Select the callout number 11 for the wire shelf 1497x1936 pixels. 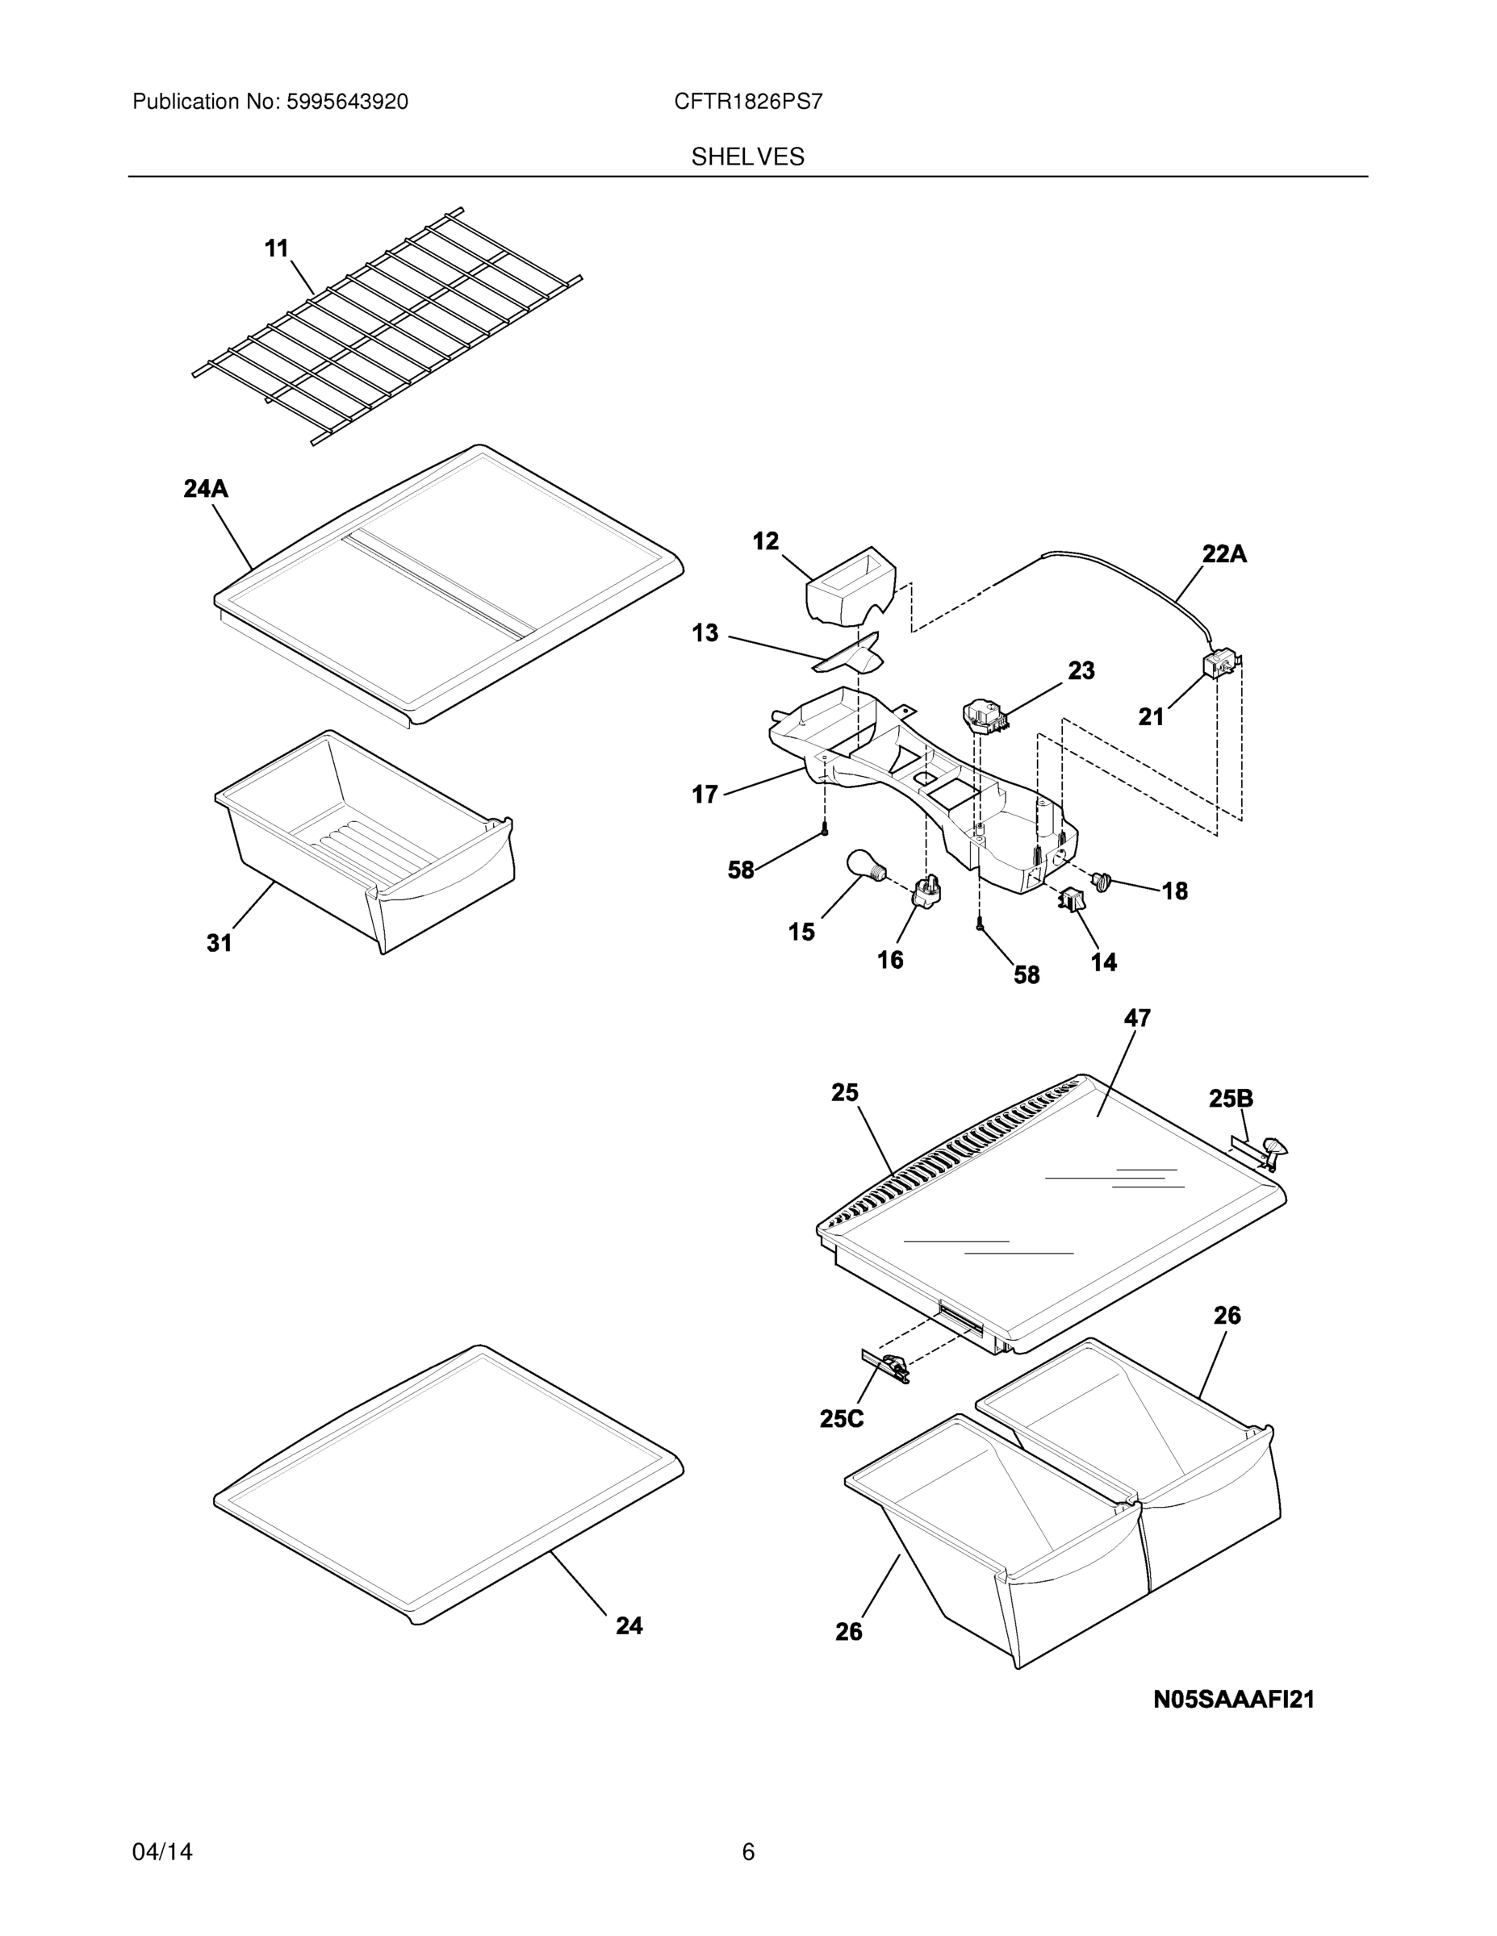[277, 249]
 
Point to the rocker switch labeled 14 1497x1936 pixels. [1069, 900]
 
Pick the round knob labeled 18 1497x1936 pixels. [1103, 881]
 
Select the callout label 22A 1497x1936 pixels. [1224, 554]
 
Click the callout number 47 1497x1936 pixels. [1137, 1019]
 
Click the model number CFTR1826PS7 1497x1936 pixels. [747, 102]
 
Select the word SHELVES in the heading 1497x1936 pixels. [747, 157]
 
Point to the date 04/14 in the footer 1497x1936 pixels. [162, 1852]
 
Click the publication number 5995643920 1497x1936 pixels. [347, 102]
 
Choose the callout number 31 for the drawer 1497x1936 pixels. [219, 943]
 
